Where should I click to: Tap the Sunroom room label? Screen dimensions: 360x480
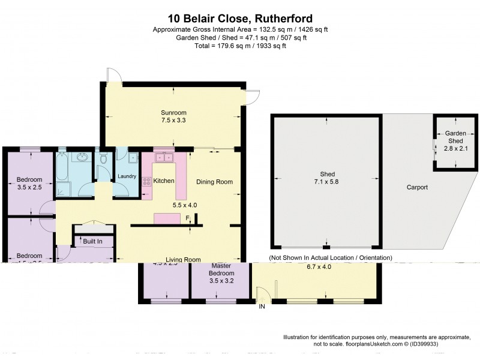click(x=173, y=112)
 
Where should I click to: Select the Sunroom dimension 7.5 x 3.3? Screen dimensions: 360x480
click(x=173, y=120)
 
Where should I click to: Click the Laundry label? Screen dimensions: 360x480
click(x=127, y=176)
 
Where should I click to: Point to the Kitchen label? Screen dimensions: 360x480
click(x=164, y=181)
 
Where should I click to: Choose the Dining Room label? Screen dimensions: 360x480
click(x=214, y=182)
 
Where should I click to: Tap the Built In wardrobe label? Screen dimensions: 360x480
click(x=92, y=241)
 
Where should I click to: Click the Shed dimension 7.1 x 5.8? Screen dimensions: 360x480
click(x=326, y=182)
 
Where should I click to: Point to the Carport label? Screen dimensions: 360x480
click(x=417, y=187)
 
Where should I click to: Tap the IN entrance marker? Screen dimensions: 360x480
click(x=262, y=307)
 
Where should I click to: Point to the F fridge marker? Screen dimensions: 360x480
click(x=187, y=217)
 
